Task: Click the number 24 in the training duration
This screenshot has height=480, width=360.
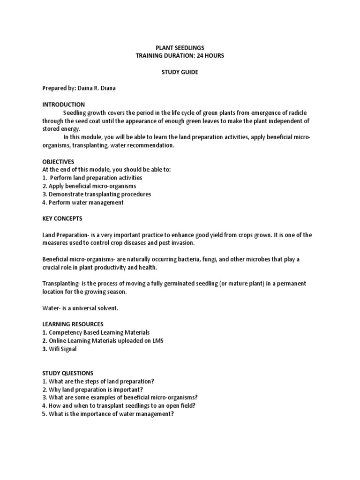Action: (197, 56)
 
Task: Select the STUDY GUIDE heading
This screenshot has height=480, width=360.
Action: (180, 73)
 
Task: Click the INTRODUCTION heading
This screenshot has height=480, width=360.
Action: (63, 105)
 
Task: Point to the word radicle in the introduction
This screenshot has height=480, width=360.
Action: (298, 113)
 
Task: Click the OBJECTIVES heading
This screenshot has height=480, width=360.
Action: (58, 162)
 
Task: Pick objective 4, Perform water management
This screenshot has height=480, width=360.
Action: (83, 202)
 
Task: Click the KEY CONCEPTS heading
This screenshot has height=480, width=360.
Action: (62, 219)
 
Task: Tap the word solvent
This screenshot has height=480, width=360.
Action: (109, 308)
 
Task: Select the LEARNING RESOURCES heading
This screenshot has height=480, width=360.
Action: (73, 324)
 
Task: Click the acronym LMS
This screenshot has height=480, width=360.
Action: (157, 340)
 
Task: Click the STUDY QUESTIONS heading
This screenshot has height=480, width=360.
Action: (68, 373)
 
